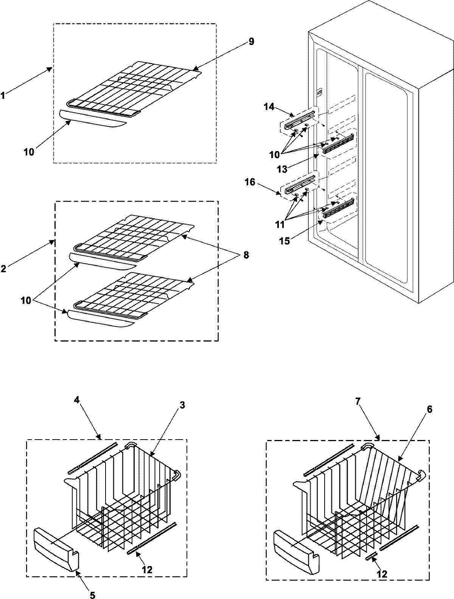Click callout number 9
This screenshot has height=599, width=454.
tap(251, 42)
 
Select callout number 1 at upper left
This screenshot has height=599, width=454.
tap(3, 96)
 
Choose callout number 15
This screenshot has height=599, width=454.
tap(285, 241)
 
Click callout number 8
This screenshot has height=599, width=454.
tap(246, 255)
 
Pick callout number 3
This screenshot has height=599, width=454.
tap(182, 406)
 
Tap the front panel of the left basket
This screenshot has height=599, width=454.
tap(57, 543)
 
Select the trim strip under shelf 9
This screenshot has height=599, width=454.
tap(93, 119)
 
